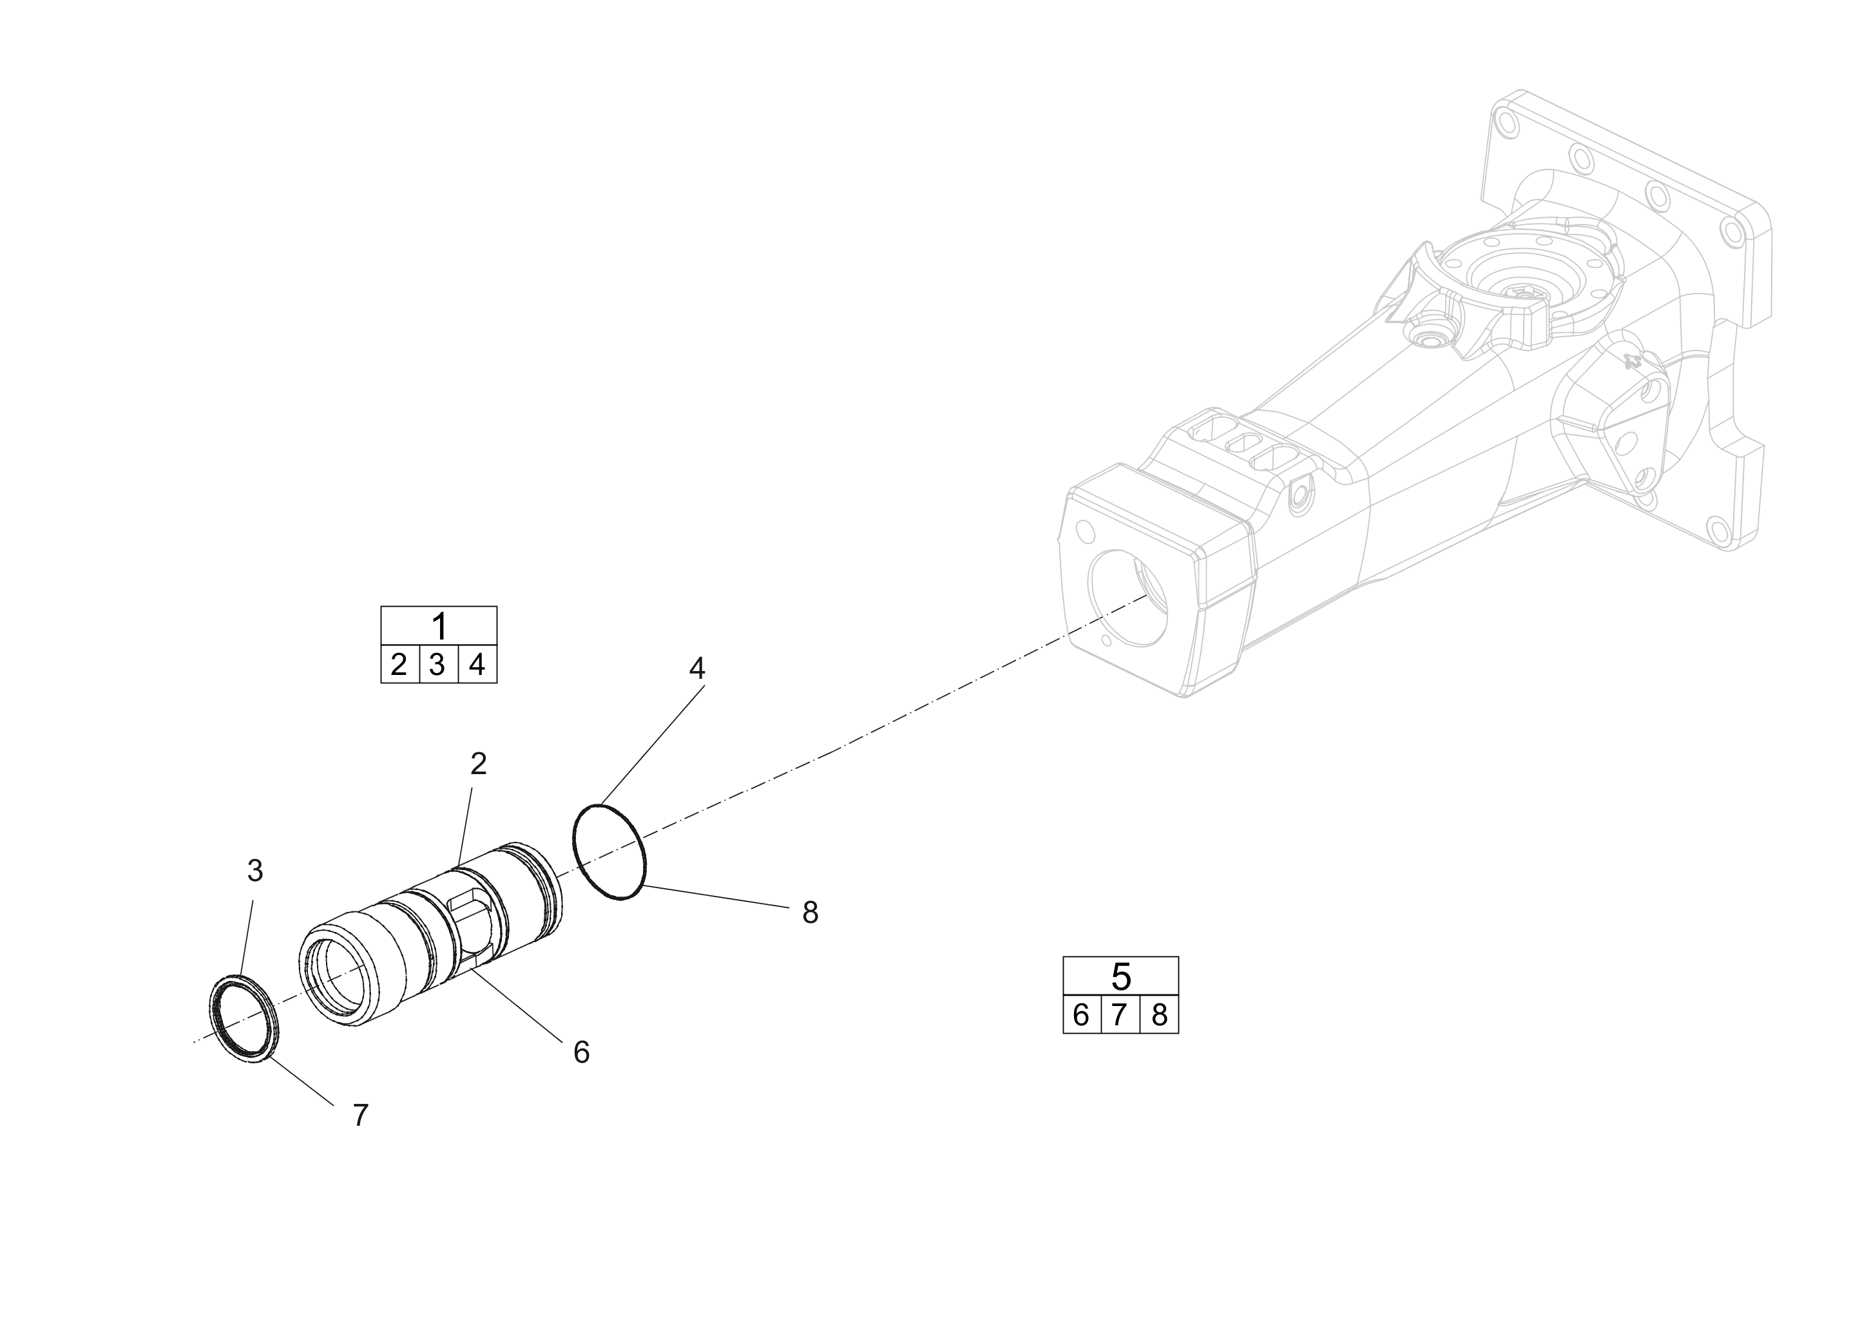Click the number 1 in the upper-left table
[439, 627]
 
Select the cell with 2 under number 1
[399, 665]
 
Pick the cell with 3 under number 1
[438, 665]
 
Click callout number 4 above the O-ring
[697, 668]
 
